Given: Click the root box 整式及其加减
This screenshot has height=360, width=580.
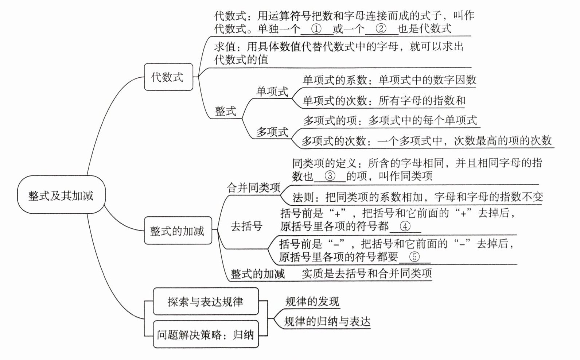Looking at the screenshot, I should (61, 196).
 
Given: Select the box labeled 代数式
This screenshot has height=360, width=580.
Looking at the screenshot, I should (168, 77).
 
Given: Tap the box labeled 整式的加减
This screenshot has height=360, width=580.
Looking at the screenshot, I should (178, 231).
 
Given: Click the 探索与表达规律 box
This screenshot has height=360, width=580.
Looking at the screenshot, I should (205, 301).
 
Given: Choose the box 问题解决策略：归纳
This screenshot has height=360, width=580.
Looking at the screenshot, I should (205, 334).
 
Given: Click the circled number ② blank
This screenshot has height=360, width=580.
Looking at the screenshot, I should (381, 28).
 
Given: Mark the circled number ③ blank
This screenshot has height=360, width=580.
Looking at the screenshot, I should (330, 176).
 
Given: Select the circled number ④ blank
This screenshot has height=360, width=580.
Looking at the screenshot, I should (405, 227).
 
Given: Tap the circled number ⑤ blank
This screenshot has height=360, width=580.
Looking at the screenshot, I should (414, 257).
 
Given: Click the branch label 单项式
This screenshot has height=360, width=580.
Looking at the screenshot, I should (272, 91).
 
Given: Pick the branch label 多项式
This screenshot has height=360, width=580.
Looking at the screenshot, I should (272, 132).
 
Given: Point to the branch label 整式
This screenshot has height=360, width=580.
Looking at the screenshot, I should (225, 111).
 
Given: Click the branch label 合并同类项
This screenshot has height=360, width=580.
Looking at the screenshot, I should (254, 187).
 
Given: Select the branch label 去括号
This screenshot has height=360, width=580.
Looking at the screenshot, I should (246, 226).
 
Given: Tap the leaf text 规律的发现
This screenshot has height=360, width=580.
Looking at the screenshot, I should (312, 301).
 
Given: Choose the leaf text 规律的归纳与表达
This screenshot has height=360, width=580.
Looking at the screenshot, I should (327, 321).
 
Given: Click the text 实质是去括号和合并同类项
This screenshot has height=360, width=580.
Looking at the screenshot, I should (367, 273).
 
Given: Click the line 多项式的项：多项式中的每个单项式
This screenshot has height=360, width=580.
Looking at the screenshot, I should (390, 120).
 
